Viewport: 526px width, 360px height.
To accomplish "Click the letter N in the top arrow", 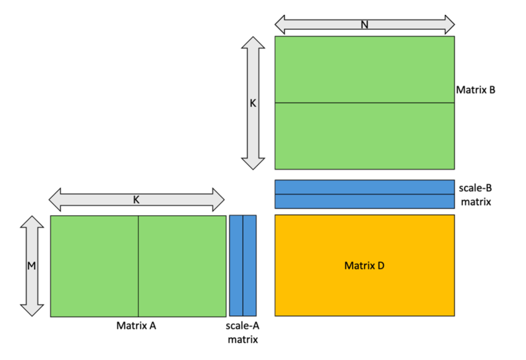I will coord(364,25).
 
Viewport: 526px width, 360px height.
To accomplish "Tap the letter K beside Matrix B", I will coord(253,103).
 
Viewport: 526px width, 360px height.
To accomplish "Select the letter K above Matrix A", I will coord(136,200).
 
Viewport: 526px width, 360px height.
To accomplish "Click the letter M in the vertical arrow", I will coord(32,265).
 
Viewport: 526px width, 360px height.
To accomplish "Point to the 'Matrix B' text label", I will coord(475,90).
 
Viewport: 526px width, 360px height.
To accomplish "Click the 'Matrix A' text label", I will coord(136,326).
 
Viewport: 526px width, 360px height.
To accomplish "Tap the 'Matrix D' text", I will coord(364,265).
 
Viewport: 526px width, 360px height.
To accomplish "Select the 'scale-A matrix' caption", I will coord(243,332).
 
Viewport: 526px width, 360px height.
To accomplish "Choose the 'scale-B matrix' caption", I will coord(475,195).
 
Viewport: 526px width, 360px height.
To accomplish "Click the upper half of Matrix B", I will coord(364,69).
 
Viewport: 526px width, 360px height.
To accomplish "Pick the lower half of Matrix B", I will coord(364,136).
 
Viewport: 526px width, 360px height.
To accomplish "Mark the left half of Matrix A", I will coord(94,266).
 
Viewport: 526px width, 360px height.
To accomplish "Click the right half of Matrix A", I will coord(182,266).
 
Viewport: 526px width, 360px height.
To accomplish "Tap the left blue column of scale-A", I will coord(236,266).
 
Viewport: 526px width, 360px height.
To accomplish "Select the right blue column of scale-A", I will coord(249,266).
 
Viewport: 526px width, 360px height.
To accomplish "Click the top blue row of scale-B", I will coord(364,187).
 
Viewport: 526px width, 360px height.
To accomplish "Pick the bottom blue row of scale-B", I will coord(364,202).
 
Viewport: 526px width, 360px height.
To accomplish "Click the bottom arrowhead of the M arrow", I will coord(32,311).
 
